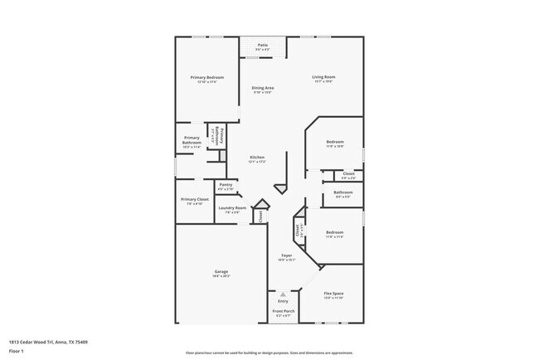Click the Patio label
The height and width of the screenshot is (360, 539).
(x=262, y=45)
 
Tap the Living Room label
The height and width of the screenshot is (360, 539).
(x=323, y=77)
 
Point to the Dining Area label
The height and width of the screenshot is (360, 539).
(x=264, y=87)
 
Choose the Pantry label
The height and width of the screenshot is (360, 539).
(x=226, y=186)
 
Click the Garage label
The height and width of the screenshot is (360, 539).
(x=220, y=272)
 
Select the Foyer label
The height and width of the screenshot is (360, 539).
(x=286, y=255)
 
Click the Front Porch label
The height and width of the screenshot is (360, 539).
(x=283, y=312)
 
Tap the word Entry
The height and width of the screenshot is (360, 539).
(x=283, y=300)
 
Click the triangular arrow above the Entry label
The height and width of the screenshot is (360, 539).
(x=283, y=293)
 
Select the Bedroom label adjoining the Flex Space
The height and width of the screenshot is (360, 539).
(x=334, y=232)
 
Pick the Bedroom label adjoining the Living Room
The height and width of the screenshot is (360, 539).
(x=334, y=142)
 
